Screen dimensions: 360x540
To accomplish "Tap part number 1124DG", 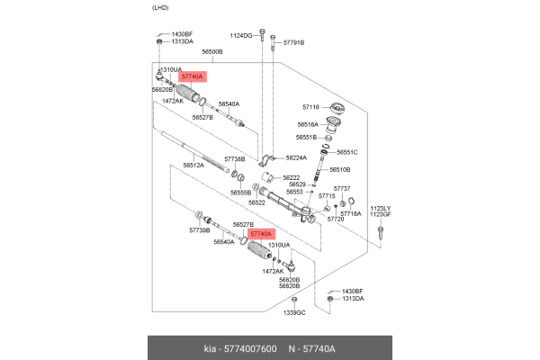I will pyautogui.click(x=240, y=35).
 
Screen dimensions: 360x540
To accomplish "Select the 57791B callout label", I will pyautogui.click(x=294, y=42).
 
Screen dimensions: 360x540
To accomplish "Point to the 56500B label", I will pyautogui.click(x=211, y=53).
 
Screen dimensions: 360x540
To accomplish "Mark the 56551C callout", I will pyautogui.click(x=346, y=152).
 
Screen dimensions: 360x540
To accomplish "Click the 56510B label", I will pyautogui.click(x=339, y=169).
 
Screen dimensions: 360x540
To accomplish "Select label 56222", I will pyautogui.click(x=290, y=178).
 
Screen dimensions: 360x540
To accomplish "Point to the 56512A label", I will pyautogui.click(x=193, y=165).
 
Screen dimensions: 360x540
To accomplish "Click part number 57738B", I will pyautogui.click(x=235, y=158).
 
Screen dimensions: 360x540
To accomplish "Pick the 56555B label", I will pyautogui.click(x=240, y=192).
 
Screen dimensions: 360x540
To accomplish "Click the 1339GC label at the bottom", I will pyautogui.click(x=295, y=312).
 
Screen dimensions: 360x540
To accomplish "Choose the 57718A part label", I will pyautogui.click(x=350, y=213).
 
